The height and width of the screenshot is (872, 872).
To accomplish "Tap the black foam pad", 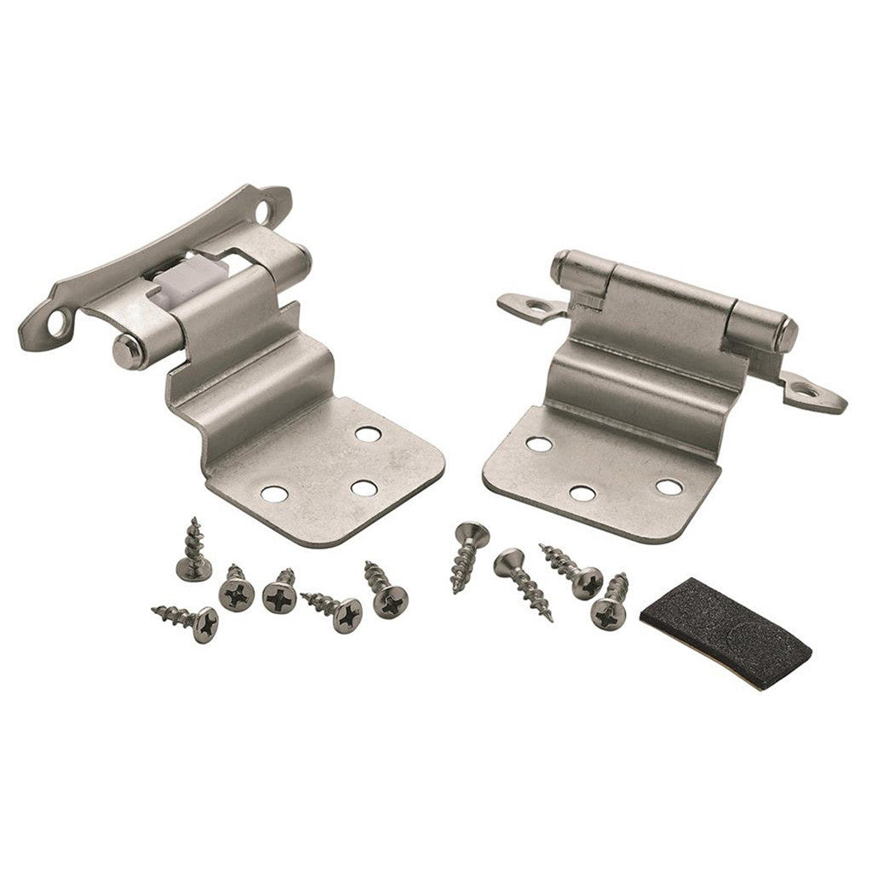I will coord(723,622).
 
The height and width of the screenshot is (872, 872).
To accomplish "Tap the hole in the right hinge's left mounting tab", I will coord(537,301).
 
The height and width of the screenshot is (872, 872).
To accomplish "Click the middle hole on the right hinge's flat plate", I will coord(582,492).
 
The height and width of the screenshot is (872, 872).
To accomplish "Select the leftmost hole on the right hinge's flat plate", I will coord(538,443).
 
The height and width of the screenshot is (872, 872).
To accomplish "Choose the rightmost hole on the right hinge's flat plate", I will coord(668,486).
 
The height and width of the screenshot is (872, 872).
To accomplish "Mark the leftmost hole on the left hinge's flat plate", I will coord(273,492).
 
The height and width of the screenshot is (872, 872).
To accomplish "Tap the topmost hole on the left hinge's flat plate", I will coord(367,433).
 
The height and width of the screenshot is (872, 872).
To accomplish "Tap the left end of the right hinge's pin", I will coord(561,265).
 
